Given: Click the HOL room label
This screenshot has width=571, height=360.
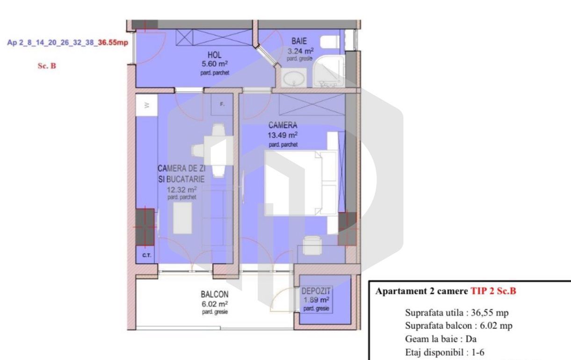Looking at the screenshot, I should tap(214, 55).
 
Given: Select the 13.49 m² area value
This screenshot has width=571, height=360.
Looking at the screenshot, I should tap(283, 136).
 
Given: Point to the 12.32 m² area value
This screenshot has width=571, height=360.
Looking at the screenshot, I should tap(182, 189).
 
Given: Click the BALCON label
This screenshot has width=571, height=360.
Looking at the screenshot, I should tap(215, 295).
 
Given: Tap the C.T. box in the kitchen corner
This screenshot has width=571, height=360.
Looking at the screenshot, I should tap(146, 256).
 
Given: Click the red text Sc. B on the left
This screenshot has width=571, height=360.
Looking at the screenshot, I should tap(47, 66).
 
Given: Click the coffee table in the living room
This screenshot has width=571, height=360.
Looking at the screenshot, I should tap(183, 219).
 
